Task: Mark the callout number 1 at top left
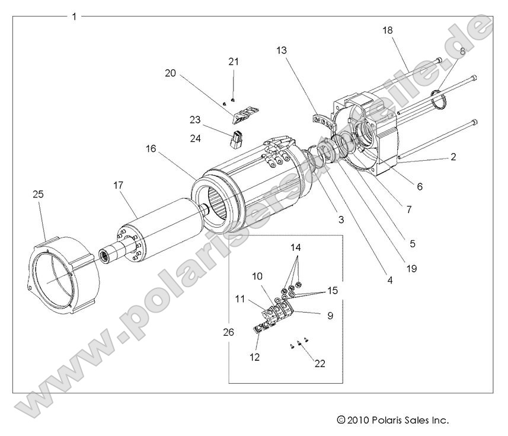[x=74, y=17]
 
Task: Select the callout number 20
[x=171, y=73]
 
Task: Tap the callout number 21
[x=233, y=61]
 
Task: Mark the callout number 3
[x=341, y=220]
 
